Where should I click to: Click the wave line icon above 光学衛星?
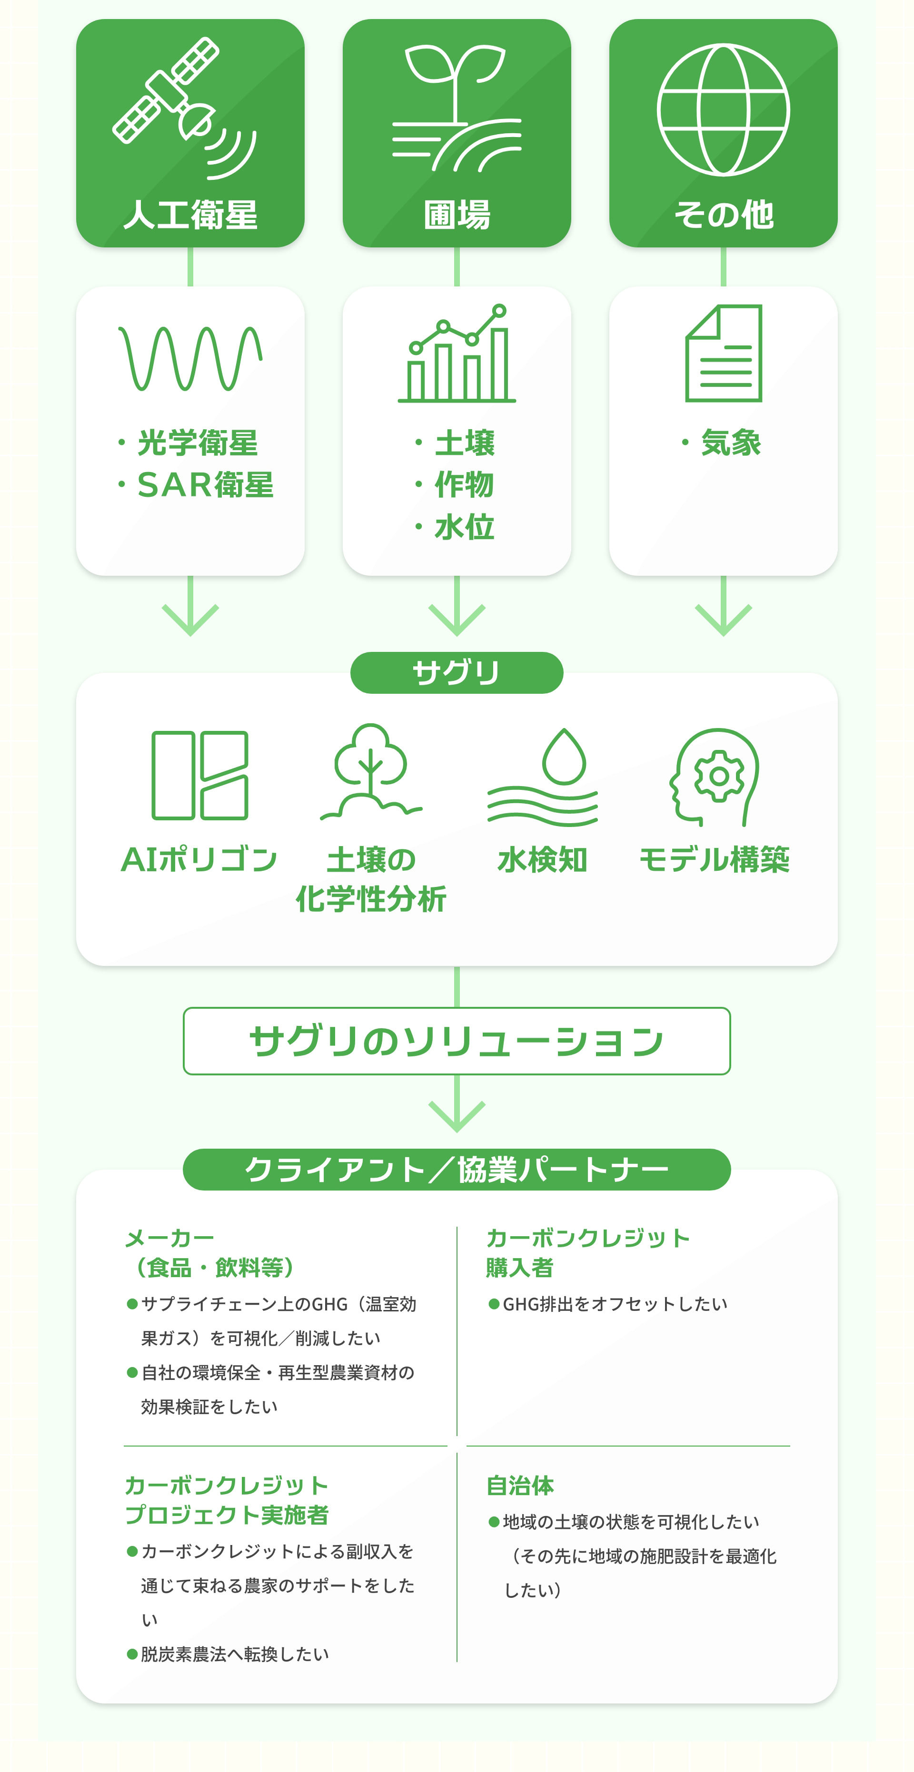(x=190, y=358)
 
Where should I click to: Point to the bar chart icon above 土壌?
(x=457, y=354)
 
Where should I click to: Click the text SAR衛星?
(x=205, y=485)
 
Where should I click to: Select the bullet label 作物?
(x=464, y=485)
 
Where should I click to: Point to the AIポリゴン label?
(x=199, y=860)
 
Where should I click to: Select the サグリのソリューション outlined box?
(x=457, y=1041)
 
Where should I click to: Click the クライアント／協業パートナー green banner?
(x=457, y=1170)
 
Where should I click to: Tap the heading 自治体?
(x=520, y=1486)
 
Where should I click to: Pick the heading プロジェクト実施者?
(x=227, y=1515)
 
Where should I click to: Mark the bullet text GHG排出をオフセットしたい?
(x=615, y=1304)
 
